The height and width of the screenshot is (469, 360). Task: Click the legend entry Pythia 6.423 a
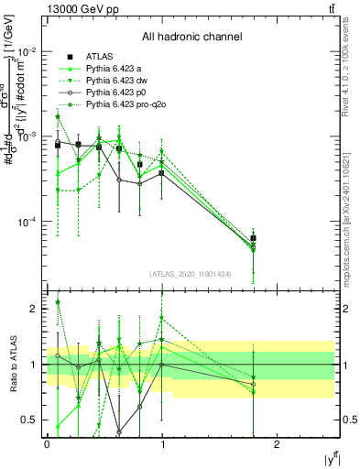[x=116, y=70]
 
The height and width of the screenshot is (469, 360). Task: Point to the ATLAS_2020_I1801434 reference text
[x=191, y=274]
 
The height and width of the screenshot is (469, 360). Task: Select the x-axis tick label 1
[x=162, y=443]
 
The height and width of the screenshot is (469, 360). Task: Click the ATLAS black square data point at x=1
[x=162, y=172]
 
